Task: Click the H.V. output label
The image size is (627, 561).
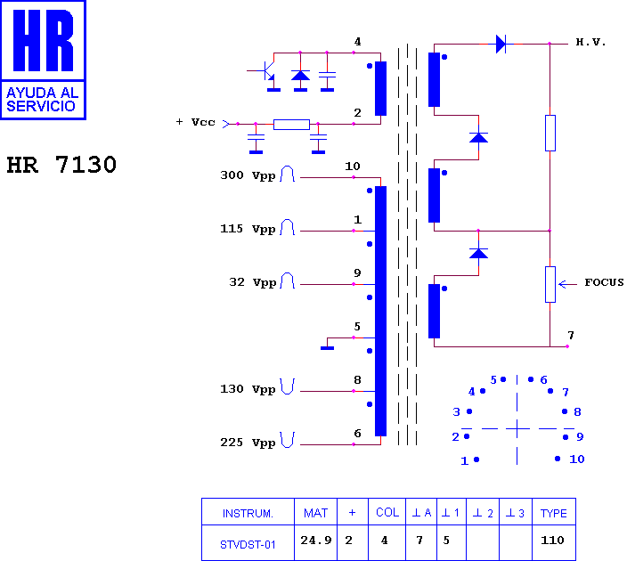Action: (590, 42)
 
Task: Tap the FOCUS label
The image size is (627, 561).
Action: (604, 282)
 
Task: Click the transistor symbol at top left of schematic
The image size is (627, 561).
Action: (265, 70)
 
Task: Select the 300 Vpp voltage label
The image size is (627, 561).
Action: (248, 175)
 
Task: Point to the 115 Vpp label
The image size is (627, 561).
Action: (248, 229)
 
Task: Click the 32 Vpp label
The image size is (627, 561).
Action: (253, 282)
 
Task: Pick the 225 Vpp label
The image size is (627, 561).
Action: (248, 443)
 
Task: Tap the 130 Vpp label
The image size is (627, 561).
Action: (248, 389)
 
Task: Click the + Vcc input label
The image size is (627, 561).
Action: (196, 122)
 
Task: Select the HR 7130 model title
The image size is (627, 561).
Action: (61, 165)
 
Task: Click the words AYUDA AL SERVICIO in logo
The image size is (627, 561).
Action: (42, 99)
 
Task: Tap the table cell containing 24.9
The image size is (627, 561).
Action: (316, 542)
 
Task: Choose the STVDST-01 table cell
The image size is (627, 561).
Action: (248, 542)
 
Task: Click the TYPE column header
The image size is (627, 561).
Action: (554, 512)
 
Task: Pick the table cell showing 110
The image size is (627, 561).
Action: (554, 542)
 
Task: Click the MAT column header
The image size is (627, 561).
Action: (316, 512)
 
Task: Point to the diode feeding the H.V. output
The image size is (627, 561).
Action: (501, 44)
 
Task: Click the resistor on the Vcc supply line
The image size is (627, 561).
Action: (291, 125)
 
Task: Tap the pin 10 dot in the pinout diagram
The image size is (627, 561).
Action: (558, 459)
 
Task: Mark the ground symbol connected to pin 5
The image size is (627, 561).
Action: (327, 348)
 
